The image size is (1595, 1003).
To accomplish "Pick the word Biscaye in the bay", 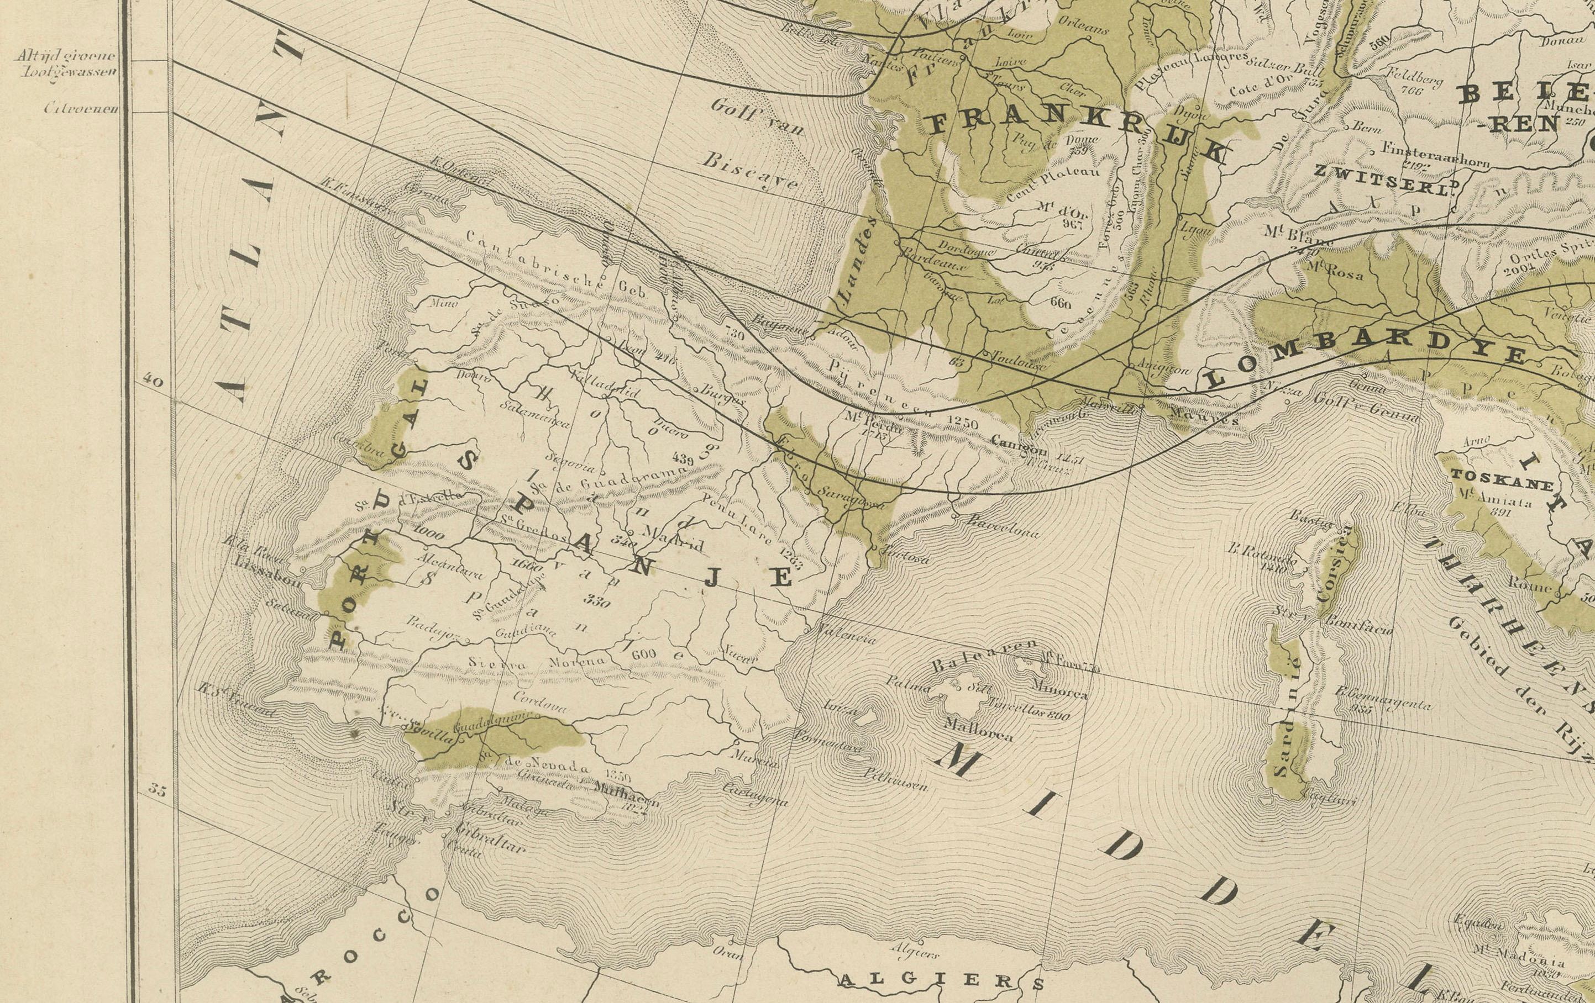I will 750,169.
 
